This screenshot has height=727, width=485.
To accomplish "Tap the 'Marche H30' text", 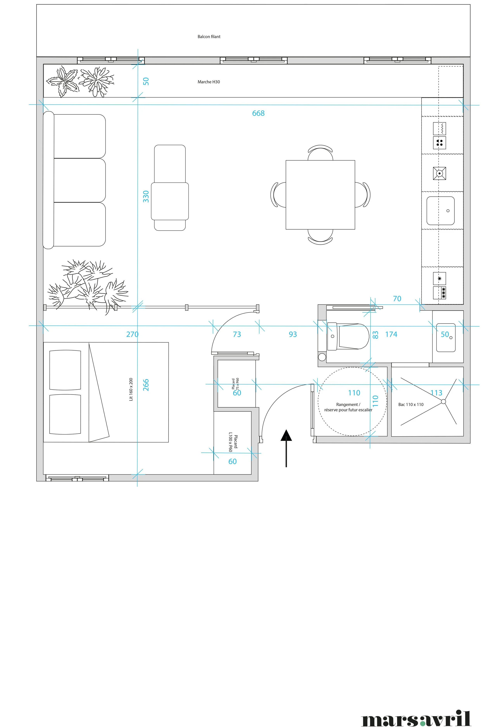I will coord(209,82).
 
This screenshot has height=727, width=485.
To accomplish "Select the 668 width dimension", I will coord(258,113).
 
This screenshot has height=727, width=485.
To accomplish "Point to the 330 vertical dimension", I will coord(146,197).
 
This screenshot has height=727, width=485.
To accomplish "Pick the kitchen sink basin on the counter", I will coord(440,211).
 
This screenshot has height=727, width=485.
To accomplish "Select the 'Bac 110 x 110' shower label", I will coord(411,404).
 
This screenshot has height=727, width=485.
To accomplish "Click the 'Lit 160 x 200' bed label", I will coord(131,389).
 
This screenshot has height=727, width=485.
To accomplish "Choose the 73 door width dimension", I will coord(237,334).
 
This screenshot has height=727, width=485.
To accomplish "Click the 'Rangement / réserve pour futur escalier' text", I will coord(348,407).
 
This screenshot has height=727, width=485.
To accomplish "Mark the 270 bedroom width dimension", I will coord(132,334).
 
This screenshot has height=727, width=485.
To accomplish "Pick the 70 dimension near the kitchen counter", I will coord(397,299).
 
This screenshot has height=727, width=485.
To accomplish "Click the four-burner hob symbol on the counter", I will coord(439,142).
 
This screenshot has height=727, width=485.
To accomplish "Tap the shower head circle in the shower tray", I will coord(443,401).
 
